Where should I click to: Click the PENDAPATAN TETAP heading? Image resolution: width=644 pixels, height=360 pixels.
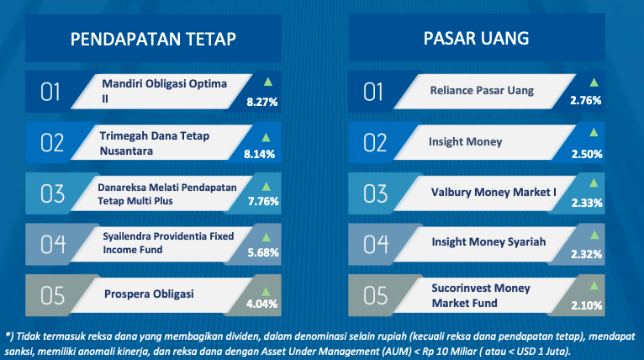point(153,39)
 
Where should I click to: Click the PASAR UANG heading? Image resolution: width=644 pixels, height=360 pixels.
point(476,38)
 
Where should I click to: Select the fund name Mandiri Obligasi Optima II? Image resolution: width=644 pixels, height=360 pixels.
point(164,91)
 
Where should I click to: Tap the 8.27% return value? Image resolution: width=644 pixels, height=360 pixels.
point(262,102)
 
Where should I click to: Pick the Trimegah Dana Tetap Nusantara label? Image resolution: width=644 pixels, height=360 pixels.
point(155,143)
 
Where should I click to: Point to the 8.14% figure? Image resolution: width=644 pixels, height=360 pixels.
point(259,154)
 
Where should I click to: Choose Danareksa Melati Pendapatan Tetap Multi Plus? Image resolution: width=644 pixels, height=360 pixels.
point(166,194)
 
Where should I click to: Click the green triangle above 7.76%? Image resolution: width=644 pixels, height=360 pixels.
point(267,187)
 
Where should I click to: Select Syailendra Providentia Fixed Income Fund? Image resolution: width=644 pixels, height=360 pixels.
point(168,243)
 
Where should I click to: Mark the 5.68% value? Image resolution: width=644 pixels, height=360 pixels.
point(263,252)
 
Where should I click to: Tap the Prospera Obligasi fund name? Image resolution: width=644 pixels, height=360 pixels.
point(149,294)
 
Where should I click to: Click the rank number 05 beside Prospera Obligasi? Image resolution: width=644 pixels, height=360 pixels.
point(53,295)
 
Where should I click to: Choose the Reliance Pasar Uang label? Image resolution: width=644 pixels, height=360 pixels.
point(482,90)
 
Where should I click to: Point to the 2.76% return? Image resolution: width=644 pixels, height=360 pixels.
point(586,100)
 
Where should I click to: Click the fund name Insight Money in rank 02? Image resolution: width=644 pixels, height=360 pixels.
point(465,142)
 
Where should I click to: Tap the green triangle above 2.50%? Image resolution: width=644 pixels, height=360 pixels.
point(594,132)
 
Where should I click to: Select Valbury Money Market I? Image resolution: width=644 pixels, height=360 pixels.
point(494,192)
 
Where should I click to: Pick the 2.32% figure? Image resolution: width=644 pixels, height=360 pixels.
point(587,254)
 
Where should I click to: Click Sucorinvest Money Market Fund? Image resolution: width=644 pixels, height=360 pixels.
point(481,295)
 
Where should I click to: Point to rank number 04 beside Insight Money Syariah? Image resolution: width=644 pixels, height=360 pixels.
point(376,244)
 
